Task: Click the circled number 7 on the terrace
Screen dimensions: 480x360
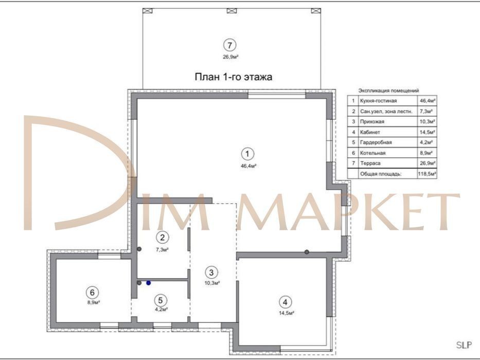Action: coord(229,45)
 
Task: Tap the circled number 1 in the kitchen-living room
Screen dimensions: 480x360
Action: coord(247,154)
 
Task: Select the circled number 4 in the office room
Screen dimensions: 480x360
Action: coord(286,302)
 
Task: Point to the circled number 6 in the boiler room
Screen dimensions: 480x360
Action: coord(92,293)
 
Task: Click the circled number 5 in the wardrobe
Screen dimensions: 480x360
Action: coord(161,300)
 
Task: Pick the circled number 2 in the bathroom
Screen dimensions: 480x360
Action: coord(162,237)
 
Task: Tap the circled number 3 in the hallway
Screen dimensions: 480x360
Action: coord(211,272)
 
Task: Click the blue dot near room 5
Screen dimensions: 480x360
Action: coord(149,283)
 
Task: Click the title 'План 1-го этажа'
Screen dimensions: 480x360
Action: coord(233,77)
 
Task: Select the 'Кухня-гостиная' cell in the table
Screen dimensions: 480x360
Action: coord(378,101)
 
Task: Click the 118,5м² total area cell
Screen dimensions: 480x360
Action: coord(427,174)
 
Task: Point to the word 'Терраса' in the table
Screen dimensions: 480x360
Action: coord(370,163)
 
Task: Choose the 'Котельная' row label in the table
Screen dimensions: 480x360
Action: coord(372,153)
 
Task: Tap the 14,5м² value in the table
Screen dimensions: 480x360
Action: coord(428,132)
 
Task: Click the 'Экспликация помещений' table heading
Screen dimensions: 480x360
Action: coord(388,91)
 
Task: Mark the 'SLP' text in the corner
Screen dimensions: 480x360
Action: coord(464,345)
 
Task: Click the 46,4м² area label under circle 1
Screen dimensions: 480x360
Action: coord(248,166)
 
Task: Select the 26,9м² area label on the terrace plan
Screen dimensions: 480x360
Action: coord(230,57)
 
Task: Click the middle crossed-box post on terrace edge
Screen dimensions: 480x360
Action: coord(232,11)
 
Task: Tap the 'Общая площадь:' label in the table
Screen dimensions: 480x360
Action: coord(381,174)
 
